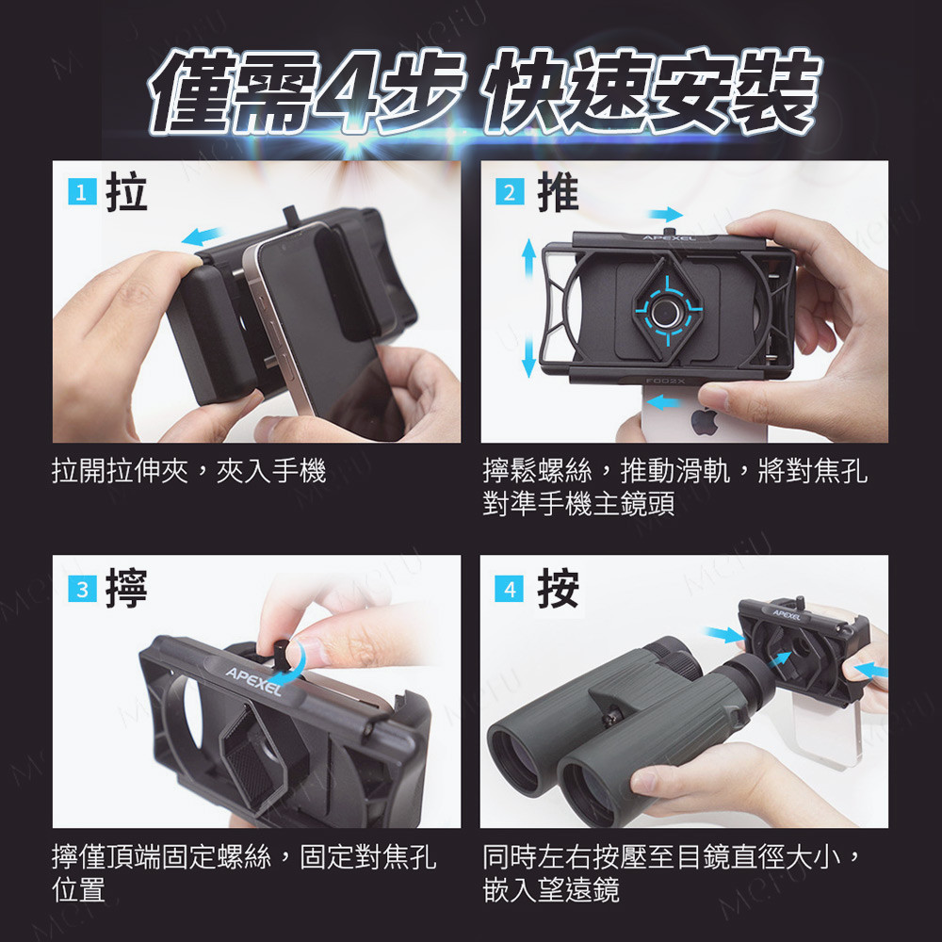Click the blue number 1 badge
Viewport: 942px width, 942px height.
82,192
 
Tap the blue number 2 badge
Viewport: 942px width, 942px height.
510,192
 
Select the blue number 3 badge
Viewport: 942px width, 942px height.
82,589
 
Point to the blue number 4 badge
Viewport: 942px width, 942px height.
510,589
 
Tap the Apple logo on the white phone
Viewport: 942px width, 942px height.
704,420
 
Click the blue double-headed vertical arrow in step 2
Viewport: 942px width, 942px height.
528,308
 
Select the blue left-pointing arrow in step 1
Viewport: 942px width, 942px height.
203,236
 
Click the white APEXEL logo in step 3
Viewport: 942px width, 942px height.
253,681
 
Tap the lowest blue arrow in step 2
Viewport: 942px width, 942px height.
664,401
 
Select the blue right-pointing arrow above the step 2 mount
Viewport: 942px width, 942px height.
666,214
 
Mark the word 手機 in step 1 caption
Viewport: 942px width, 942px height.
300,470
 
